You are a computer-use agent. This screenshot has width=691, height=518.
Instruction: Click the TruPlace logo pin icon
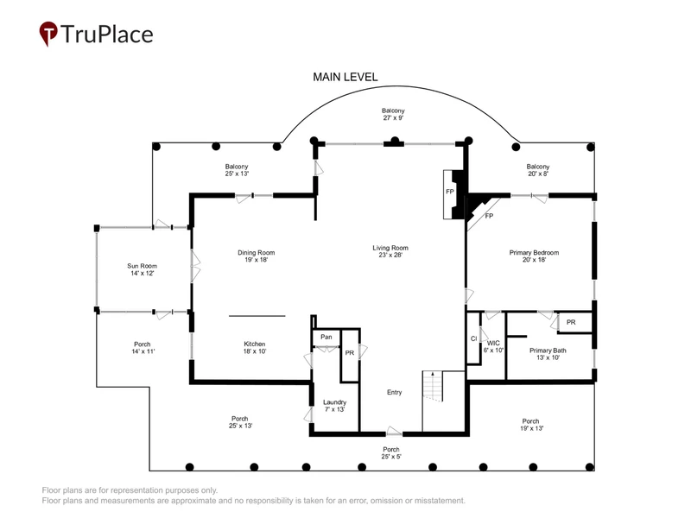click(48, 34)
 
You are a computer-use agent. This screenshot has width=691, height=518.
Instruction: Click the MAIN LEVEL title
click(345, 77)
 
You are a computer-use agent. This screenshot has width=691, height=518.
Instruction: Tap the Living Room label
click(390, 251)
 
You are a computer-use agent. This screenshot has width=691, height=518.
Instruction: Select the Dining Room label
click(256, 256)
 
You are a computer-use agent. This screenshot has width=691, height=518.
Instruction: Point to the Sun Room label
click(142, 269)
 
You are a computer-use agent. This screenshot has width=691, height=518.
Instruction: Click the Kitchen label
click(255, 348)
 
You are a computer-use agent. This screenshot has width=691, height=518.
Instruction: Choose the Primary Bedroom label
click(534, 256)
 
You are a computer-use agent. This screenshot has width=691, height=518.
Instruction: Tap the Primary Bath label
click(548, 354)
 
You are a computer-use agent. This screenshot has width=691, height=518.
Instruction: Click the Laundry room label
click(334, 405)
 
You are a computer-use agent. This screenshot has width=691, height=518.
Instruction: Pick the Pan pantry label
click(326, 337)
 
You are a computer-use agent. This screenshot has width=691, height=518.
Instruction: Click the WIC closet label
click(493, 346)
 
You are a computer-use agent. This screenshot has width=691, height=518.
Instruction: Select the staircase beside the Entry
click(433, 386)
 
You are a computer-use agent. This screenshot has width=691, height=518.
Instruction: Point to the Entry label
click(395, 392)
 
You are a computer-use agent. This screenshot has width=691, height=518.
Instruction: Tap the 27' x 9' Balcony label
click(393, 114)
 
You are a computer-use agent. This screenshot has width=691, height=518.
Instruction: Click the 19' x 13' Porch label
click(531, 425)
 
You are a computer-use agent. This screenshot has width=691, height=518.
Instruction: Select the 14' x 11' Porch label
click(143, 348)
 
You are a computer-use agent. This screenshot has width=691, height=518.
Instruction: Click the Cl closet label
click(473, 338)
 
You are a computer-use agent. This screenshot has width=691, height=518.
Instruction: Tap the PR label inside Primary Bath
click(571, 322)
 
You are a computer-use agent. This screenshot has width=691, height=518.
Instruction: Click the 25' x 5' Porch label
click(391, 452)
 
